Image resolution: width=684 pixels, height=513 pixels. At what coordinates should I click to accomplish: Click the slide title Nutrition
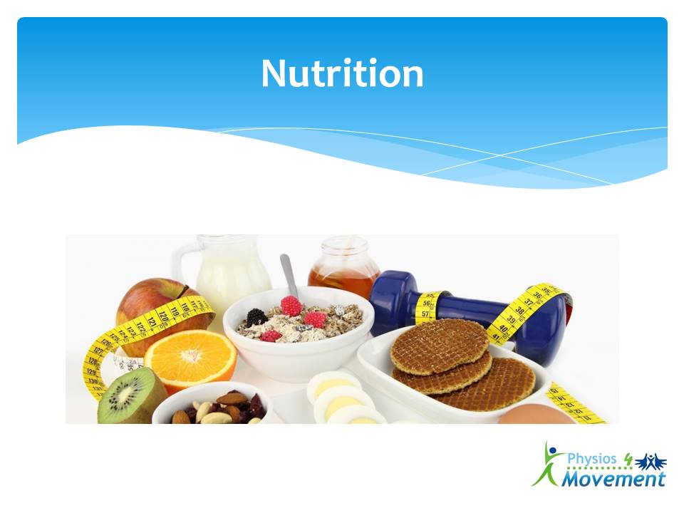tap(343, 73)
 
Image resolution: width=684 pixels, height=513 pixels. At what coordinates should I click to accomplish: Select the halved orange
tap(191, 358)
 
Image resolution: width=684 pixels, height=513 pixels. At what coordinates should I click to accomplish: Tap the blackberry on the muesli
tap(257, 316)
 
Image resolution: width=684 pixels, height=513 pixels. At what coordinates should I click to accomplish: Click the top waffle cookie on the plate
tap(440, 346)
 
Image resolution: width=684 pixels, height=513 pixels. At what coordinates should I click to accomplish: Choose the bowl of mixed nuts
tap(212, 403)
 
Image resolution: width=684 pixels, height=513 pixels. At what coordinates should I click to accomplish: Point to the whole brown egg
tap(536, 415)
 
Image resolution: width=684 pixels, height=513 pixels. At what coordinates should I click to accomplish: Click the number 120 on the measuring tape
tap(162, 316)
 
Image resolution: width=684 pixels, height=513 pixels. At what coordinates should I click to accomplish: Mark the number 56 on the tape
tap(426, 304)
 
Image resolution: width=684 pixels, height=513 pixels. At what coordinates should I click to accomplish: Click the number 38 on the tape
tap(519, 310)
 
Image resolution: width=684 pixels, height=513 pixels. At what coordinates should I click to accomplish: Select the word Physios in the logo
tap(592, 459)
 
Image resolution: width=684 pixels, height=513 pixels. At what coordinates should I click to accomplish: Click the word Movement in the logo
tap(613, 479)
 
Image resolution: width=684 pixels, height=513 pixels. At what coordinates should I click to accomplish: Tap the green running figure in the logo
tap(548, 464)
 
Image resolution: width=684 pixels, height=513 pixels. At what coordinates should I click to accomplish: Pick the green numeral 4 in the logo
tap(628, 460)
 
